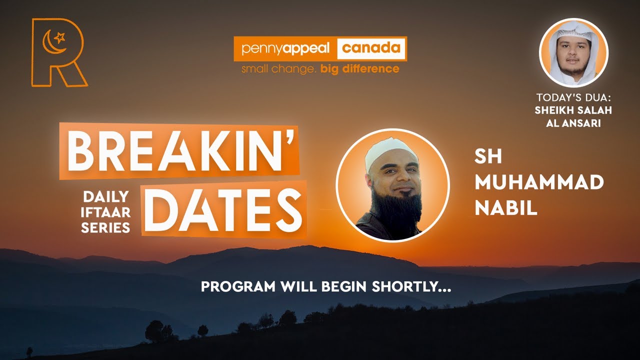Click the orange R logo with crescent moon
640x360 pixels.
(57, 52)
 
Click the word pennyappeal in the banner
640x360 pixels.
(285, 49)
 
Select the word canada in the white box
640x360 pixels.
(371, 48)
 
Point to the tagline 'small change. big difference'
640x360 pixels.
(320, 68)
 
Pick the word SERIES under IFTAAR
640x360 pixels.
(105, 228)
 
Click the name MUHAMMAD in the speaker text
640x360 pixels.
(539, 183)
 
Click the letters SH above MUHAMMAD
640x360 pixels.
(488, 157)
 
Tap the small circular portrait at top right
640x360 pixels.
(573, 52)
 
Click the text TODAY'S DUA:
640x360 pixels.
(573, 97)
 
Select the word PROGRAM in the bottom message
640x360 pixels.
(231, 287)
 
